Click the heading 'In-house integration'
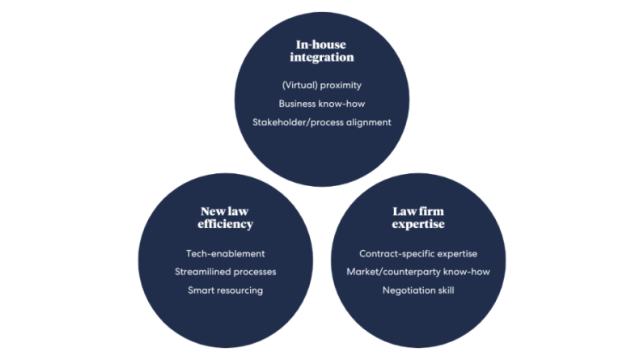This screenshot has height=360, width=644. [x=321, y=51]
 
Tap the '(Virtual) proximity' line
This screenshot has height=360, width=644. [x=321, y=86]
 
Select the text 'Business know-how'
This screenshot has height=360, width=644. [x=321, y=104]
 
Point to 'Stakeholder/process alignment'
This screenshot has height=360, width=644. [x=321, y=122]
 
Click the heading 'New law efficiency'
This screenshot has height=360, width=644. [x=225, y=218]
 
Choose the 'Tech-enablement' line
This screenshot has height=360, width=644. [x=225, y=254]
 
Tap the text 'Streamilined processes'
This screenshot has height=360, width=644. [x=225, y=272]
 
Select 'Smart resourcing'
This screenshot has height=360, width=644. [x=225, y=290]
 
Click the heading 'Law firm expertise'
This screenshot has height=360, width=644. [x=418, y=218]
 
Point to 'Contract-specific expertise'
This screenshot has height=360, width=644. [x=418, y=254]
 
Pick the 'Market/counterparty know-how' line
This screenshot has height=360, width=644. [x=418, y=272]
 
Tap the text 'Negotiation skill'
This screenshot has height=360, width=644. [x=418, y=290]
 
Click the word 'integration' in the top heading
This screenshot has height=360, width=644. [x=321, y=57]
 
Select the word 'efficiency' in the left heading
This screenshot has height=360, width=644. [x=225, y=224]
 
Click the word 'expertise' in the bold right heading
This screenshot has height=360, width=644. [x=418, y=224]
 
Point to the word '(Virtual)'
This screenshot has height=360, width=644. [x=299, y=86]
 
